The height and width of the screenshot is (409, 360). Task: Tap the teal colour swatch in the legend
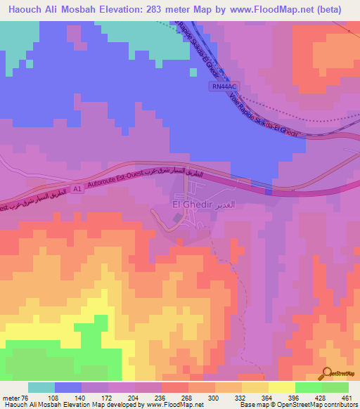point(41,387)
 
